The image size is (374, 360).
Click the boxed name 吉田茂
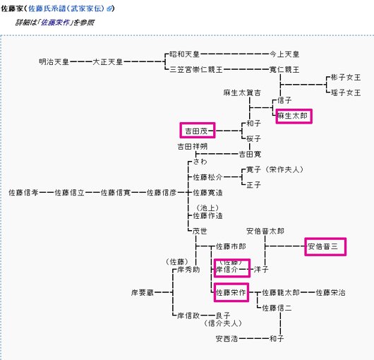click(197, 131)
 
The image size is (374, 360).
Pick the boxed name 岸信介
click(231, 270)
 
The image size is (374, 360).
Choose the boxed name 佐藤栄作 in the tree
click(231, 292)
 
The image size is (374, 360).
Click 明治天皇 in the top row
click(54, 62)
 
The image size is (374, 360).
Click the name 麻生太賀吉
click(242, 92)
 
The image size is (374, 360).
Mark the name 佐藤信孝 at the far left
click(23, 192)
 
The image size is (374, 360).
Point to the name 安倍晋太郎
click(265, 231)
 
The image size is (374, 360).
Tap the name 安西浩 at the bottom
click(227, 339)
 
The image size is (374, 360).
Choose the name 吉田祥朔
click(193, 146)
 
